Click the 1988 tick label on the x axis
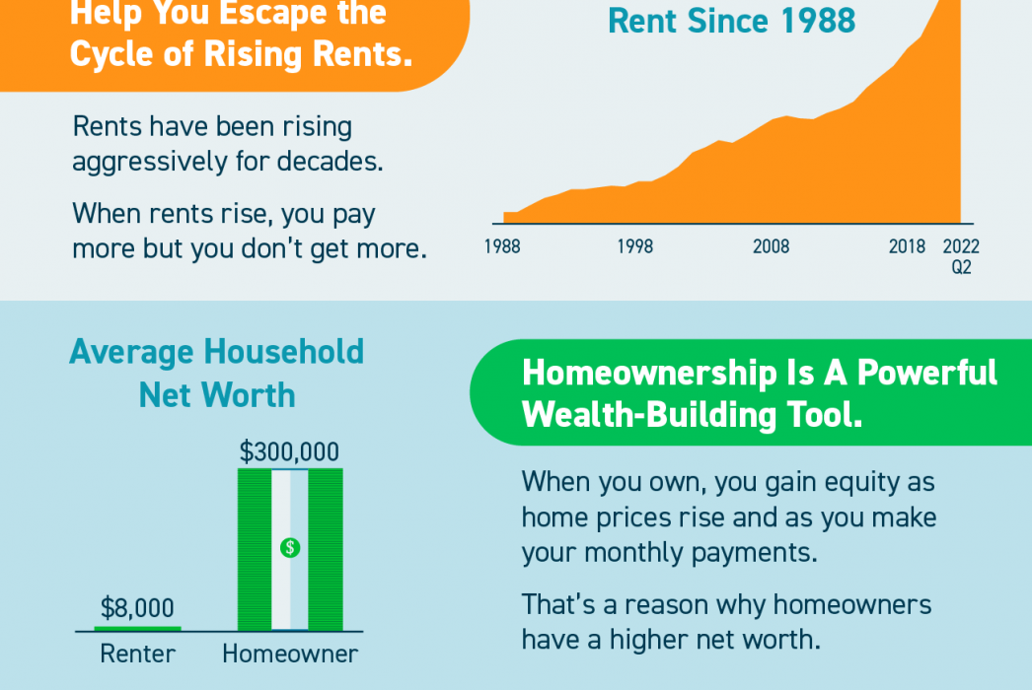click(x=502, y=246)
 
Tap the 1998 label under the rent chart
click(x=635, y=246)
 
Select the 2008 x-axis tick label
click(x=771, y=246)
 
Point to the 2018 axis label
click(x=907, y=246)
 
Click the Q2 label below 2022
click(x=962, y=267)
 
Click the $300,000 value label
click(x=290, y=451)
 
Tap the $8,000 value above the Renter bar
click(x=137, y=608)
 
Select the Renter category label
click(x=137, y=654)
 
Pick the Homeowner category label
click(x=290, y=654)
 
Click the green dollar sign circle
click(x=290, y=547)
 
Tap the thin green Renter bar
click(x=137, y=629)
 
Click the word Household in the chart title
click(x=284, y=351)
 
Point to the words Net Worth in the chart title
click(x=217, y=395)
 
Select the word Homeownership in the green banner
click(x=649, y=373)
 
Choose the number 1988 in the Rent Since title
click(x=818, y=21)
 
